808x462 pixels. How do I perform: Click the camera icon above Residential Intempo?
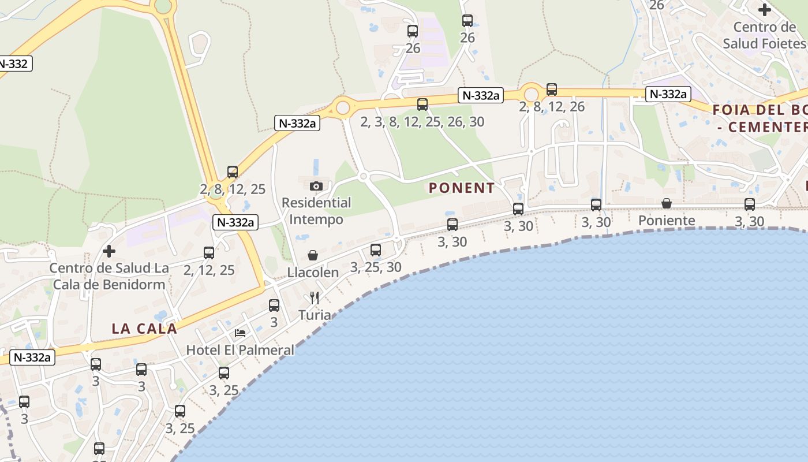pyautogui.click(x=316, y=186)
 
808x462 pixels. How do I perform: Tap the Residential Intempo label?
pyautogui.click(x=316, y=211)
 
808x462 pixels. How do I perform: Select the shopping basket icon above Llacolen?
pyautogui.click(x=313, y=255)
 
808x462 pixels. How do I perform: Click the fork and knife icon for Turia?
pyautogui.click(x=315, y=298)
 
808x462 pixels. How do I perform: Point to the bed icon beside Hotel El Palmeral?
pyautogui.click(x=240, y=333)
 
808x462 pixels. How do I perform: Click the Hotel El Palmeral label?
pyautogui.click(x=240, y=350)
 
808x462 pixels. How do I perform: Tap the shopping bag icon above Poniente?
pyautogui.click(x=667, y=203)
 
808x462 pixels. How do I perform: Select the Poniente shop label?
pyautogui.click(x=667, y=221)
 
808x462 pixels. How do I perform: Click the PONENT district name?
pyautogui.click(x=462, y=188)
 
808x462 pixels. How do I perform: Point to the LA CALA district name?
pyautogui.click(x=144, y=329)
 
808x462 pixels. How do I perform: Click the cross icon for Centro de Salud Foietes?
pyautogui.click(x=765, y=10)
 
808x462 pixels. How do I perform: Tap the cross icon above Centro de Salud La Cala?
pyautogui.click(x=109, y=251)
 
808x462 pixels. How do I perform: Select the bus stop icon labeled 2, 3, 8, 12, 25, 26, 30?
pyautogui.click(x=422, y=105)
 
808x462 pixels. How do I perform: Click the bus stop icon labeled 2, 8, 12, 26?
pyautogui.click(x=552, y=90)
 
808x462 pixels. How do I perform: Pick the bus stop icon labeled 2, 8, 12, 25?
pyautogui.click(x=233, y=172)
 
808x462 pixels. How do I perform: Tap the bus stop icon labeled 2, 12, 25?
pyautogui.click(x=209, y=253)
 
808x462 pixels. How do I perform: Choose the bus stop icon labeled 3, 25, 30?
pyautogui.click(x=376, y=250)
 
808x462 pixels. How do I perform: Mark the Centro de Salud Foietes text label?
pyautogui.click(x=764, y=35)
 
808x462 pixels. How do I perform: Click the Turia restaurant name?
pyautogui.click(x=315, y=315)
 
